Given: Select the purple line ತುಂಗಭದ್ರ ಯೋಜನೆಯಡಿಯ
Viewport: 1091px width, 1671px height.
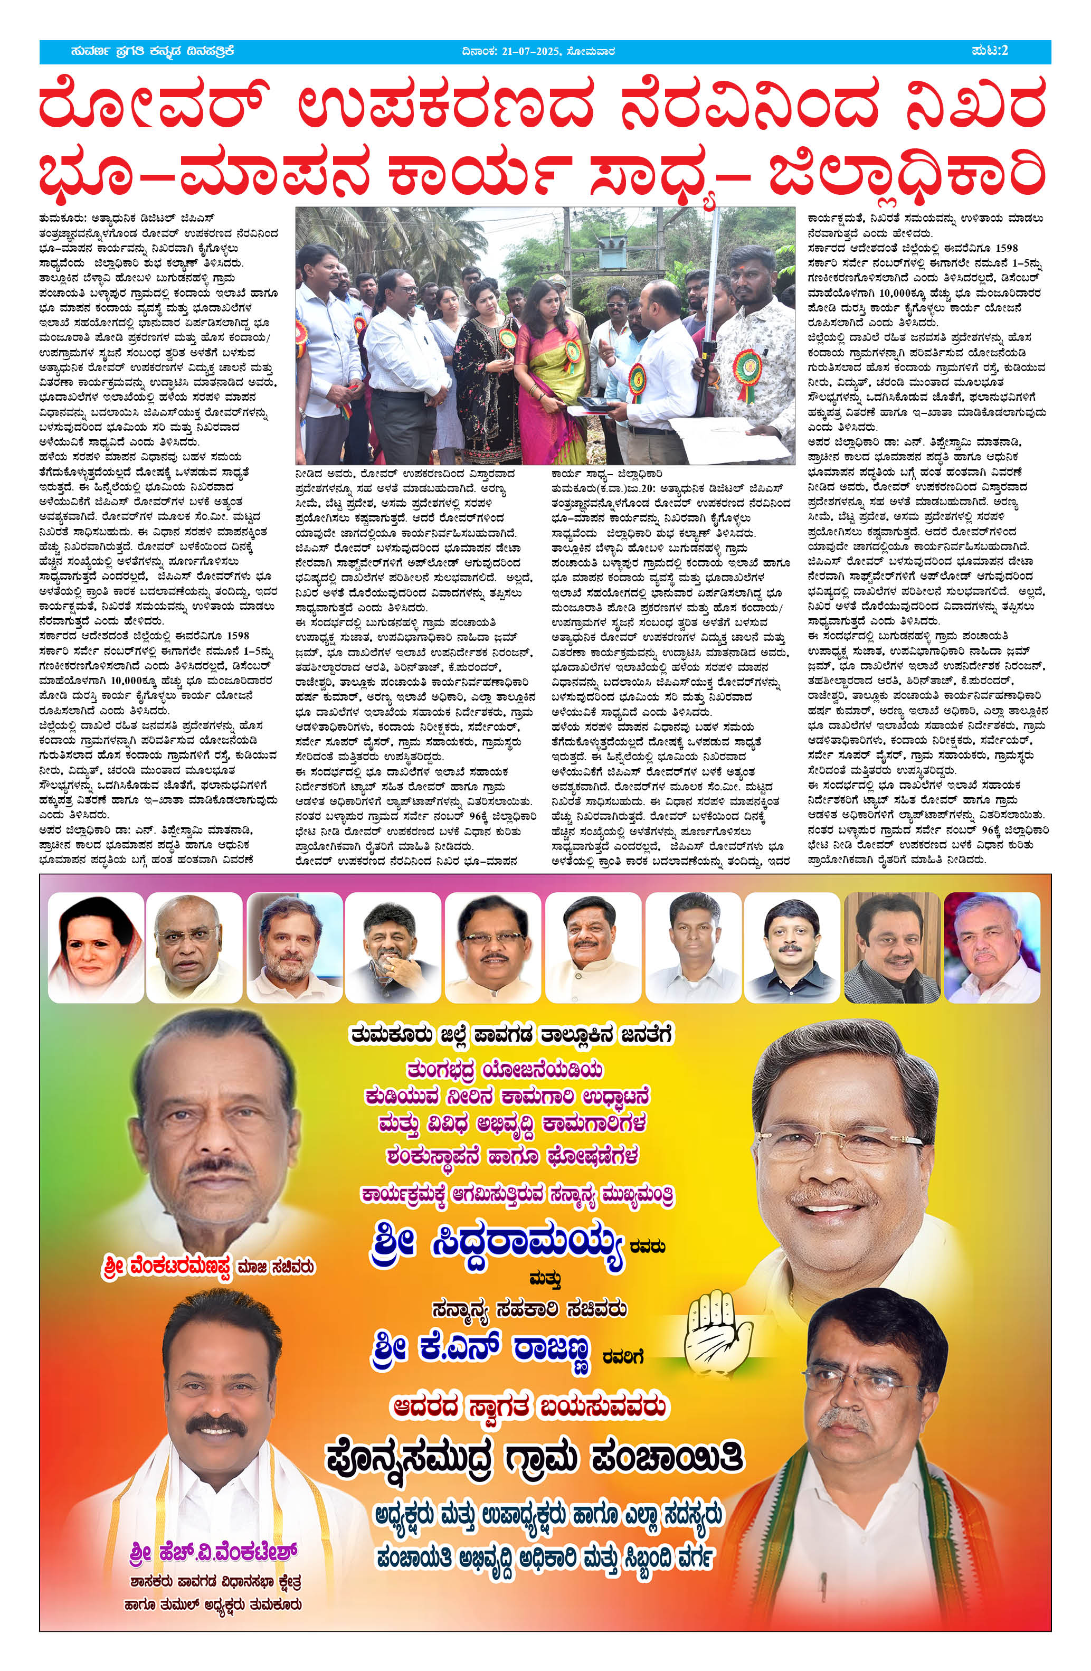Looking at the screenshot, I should click(505, 1070).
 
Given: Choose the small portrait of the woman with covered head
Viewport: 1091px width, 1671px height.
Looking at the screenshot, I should click(96, 947).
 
